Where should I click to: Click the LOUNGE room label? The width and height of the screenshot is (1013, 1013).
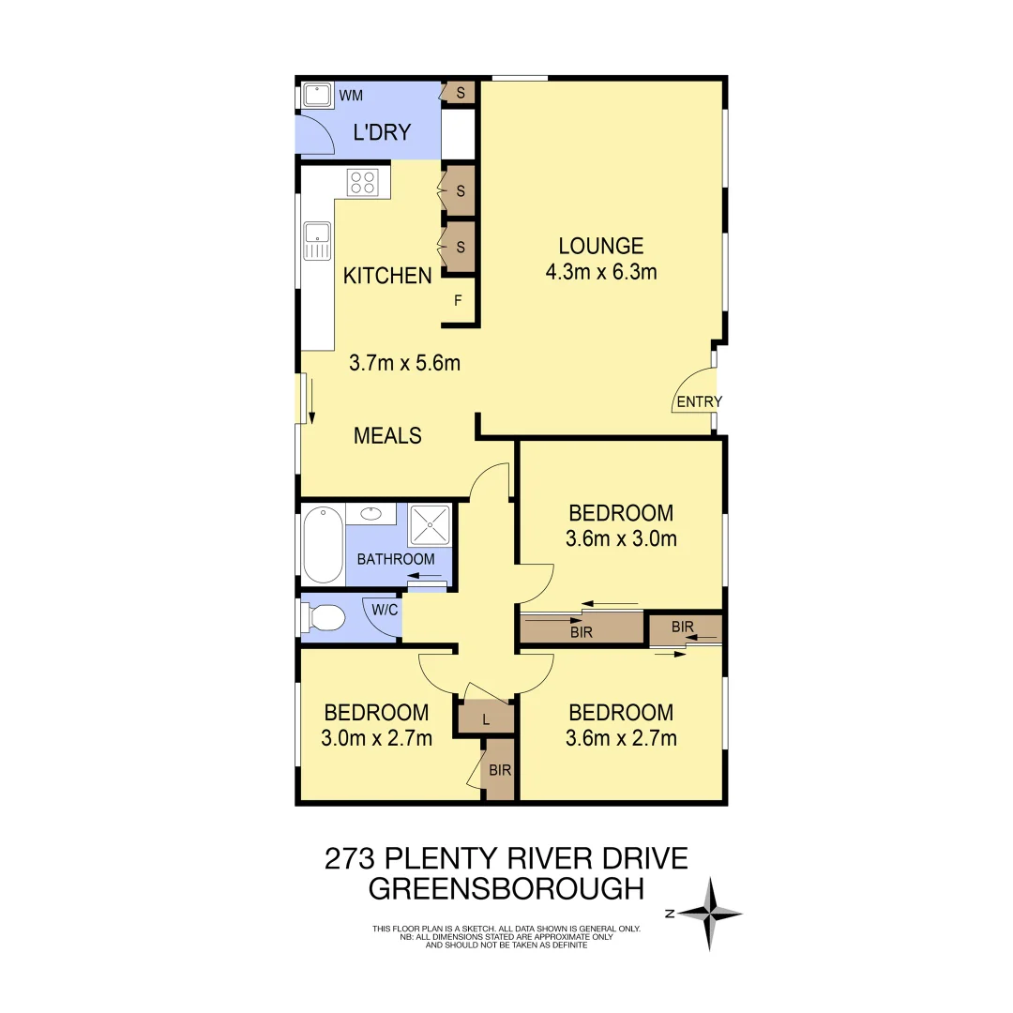(601, 246)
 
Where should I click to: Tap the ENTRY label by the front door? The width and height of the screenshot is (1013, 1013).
(700, 402)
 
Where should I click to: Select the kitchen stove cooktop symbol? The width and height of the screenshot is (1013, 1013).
(363, 182)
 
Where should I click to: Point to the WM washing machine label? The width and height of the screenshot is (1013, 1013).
(351, 96)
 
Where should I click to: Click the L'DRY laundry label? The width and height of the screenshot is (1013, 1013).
(382, 132)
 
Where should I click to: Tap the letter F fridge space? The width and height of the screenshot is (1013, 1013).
(458, 301)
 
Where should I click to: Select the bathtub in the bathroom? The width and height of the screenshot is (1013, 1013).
(322, 544)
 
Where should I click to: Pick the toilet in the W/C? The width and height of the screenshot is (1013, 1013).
(324, 617)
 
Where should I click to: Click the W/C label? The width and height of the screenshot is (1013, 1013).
(386, 610)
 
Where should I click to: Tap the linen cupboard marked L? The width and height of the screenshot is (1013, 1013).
(485, 720)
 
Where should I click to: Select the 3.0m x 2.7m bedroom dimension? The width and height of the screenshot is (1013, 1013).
(376, 738)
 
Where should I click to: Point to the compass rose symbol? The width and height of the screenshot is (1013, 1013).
(711, 914)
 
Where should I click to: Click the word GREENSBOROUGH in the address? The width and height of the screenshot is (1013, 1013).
(506, 888)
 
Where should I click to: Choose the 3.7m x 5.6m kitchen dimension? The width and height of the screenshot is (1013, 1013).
(404, 363)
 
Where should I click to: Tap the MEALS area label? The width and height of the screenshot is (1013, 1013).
(387, 435)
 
